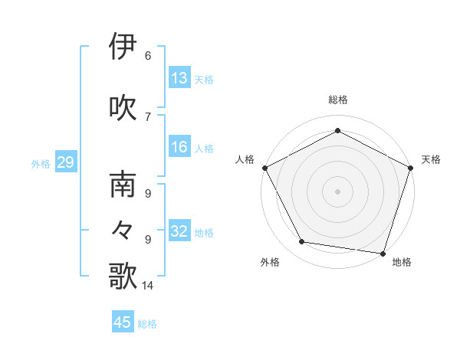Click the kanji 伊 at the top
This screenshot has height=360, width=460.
click(x=123, y=47)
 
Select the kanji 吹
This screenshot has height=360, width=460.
click(x=123, y=106)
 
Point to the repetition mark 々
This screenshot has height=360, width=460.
click(x=123, y=229)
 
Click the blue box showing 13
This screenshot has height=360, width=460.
click(x=179, y=77)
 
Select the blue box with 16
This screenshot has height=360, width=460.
click(x=179, y=148)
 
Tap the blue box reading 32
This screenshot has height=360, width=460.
click(x=179, y=231)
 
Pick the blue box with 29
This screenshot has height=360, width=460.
click(x=65, y=162)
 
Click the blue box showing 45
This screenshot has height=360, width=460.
click(x=123, y=322)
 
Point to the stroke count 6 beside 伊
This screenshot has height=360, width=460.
click(x=148, y=55)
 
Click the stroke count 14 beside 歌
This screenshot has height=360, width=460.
click(x=148, y=286)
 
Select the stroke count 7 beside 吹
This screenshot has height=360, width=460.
click(x=148, y=116)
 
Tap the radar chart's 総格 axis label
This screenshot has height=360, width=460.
click(x=337, y=100)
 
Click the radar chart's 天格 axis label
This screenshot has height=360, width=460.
click(x=431, y=159)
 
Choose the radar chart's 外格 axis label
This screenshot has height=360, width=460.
click(x=270, y=262)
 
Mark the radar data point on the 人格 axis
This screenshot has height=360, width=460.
click(x=264, y=168)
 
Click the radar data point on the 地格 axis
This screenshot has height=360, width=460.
click(x=383, y=253)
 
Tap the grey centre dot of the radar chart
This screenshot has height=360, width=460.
click(x=337, y=191)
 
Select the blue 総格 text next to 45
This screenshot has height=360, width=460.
click(x=147, y=324)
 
